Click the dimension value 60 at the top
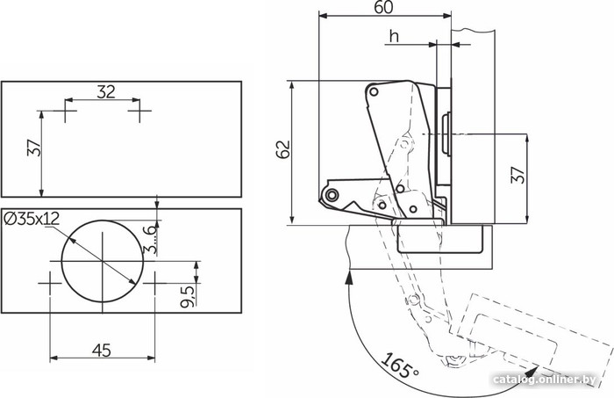pos(383,7)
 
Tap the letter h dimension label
pos(394,36)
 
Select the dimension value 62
pos(283,149)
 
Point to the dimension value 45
pos(102,351)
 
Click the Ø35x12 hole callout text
pos(32,219)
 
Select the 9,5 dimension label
pos(187,296)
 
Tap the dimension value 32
pos(106,91)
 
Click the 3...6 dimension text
pos(150,238)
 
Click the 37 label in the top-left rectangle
pos(34,148)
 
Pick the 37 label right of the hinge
pos(518,175)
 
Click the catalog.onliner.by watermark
pos(545,380)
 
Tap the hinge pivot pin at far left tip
pos(332,194)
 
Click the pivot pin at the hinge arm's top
pos(374,92)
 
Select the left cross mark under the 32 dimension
pos(65,111)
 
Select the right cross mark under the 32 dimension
pos(139,111)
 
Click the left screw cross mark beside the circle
pos(50,283)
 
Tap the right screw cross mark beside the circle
pos(154,283)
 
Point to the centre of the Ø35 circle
pos(103,261)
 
